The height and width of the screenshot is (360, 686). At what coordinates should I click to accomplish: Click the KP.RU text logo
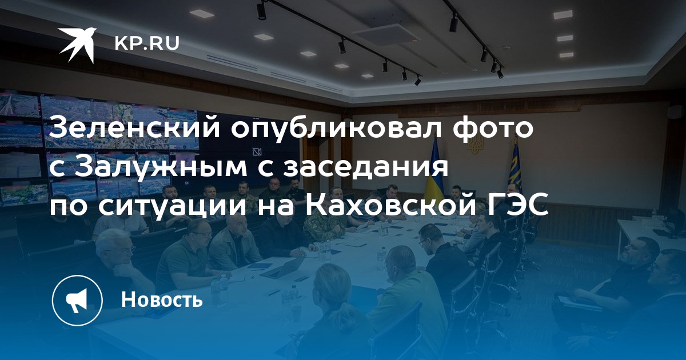(147, 43)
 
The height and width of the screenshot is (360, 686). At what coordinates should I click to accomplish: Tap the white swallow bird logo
(78, 45)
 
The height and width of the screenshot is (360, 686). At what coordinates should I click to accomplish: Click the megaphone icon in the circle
(77, 301)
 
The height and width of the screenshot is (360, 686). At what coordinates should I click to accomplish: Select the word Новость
(162, 299)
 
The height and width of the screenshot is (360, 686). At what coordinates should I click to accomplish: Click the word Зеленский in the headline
(134, 127)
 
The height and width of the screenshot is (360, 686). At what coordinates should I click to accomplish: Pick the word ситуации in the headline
(173, 207)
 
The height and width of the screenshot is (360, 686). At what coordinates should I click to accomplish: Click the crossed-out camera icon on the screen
(257, 151)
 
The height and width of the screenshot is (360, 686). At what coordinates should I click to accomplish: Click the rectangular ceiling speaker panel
(386, 34)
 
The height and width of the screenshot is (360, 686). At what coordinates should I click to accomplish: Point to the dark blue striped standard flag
(516, 165)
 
